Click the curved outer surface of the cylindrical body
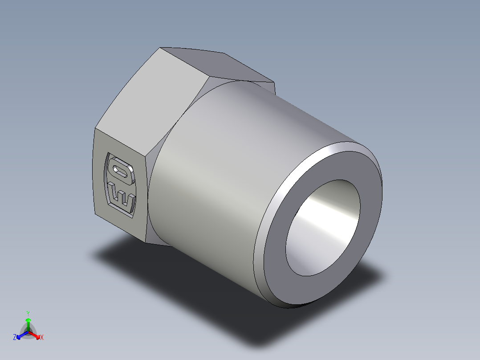tap(223, 178)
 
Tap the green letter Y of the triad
tap(28, 313)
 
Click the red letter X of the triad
tap(42, 338)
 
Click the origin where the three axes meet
tap(28, 332)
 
